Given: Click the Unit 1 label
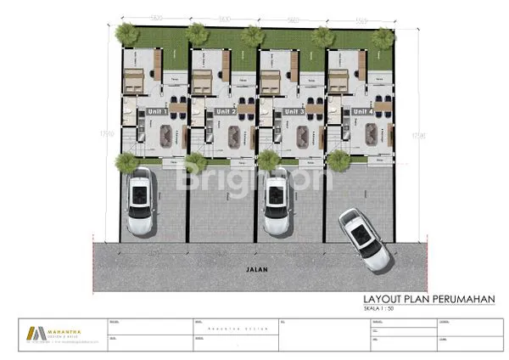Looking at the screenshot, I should pyautogui.click(x=157, y=111).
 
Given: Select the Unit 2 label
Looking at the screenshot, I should pyautogui.click(x=226, y=111).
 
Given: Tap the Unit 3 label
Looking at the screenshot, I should pyautogui.click(x=294, y=111).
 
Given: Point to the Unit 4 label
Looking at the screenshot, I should pyautogui.click(x=363, y=111).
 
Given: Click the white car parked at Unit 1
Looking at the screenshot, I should pyautogui.click(x=140, y=201).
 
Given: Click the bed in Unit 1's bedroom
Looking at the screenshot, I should pyautogui.click(x=134, y=82).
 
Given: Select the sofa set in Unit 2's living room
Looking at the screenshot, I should pyautogui.click(x=233, y=134).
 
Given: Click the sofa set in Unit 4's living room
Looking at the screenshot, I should pyautogui.click(x=372, y=134).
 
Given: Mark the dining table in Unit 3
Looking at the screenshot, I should pyautogui.click(x=315, y=109).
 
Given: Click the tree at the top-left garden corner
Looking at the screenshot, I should pyautogui.click(x=127, y=34).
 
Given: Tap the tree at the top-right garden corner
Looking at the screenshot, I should pyautogui.click(x=383, y=38).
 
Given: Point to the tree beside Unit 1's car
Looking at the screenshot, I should pyautogui.click(x=127, y=163).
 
